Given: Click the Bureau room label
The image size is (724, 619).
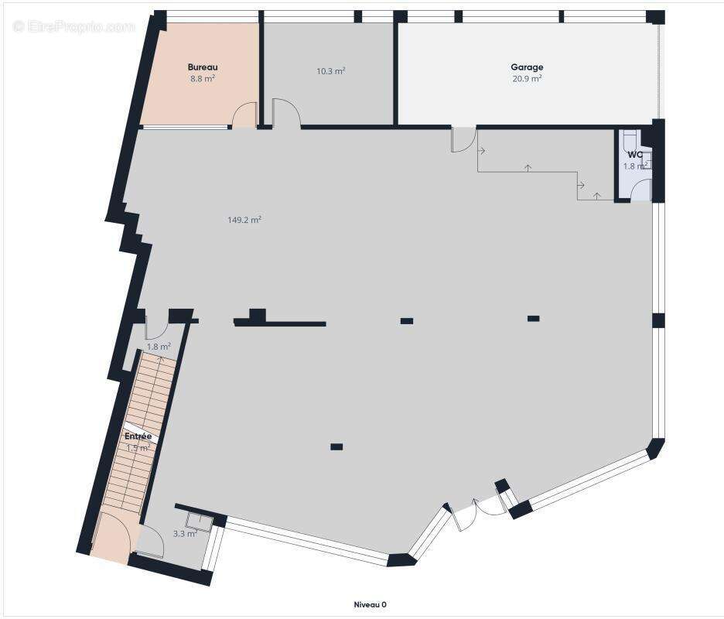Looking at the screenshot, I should [203, 67].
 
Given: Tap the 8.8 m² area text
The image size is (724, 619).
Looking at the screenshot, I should [203, 78].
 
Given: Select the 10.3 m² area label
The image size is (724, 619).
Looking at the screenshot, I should [330, 71].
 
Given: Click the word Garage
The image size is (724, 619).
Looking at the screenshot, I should [527, 67].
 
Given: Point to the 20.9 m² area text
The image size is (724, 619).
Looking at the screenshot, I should [527, 78].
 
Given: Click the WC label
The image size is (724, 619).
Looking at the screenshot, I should [635, 155].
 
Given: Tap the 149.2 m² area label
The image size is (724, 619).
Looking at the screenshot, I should [244, 220].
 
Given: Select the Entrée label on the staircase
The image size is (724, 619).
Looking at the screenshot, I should [138, 436].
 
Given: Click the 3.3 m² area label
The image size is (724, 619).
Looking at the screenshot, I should [185, 533].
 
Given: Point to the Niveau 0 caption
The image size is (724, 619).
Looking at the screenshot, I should [370, 604].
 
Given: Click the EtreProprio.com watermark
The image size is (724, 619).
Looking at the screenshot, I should [74, 26].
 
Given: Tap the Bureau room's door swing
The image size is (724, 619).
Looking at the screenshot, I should [245, 115].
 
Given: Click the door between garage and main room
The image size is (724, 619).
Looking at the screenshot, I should [464, 139].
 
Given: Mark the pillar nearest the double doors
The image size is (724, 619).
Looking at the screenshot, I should [336, 446].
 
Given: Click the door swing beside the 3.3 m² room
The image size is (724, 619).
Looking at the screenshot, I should [150, 542].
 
